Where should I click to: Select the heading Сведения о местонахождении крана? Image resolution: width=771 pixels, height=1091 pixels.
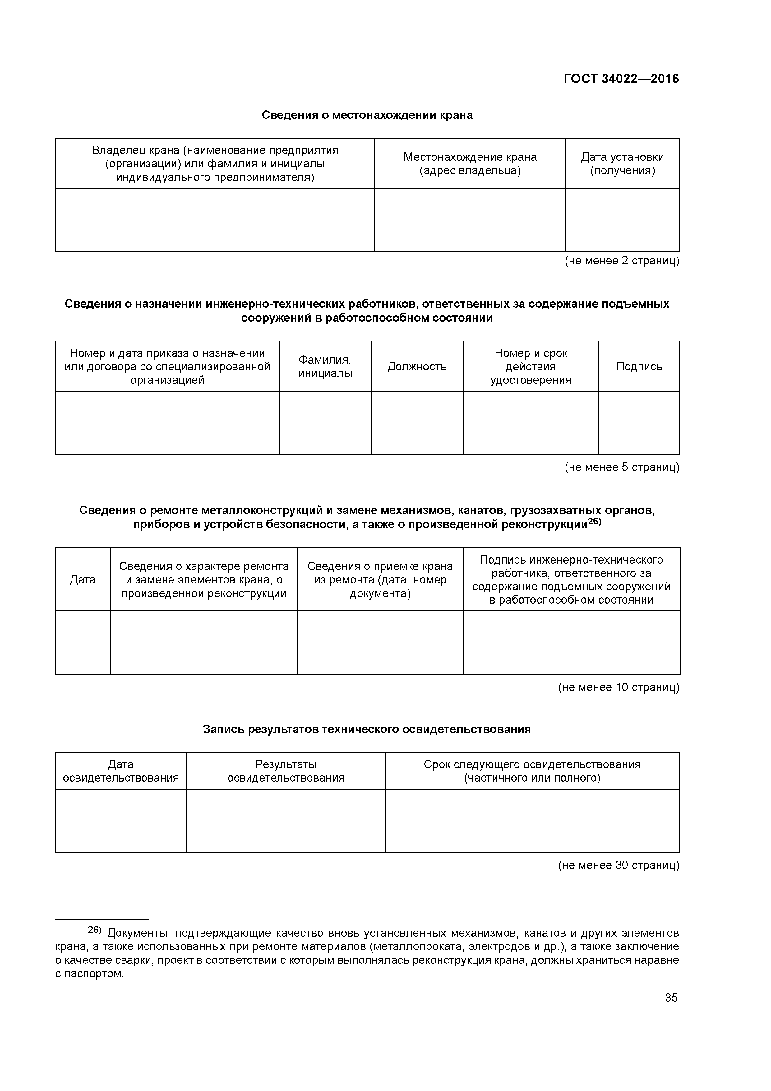coord(367,115)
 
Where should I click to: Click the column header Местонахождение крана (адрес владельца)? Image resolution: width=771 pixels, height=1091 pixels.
coord(469,164)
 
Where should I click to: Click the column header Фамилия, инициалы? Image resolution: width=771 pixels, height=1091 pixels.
coord(325,366)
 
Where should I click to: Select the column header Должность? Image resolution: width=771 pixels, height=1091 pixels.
coord(417,366)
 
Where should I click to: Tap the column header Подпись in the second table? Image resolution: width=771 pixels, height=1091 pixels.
coord(639,366)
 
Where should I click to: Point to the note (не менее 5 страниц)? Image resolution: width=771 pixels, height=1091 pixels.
coord(621,467)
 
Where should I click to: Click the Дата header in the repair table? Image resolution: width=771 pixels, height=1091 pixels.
coord(83,579)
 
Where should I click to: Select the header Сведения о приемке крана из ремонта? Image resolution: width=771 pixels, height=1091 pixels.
coord(380,579)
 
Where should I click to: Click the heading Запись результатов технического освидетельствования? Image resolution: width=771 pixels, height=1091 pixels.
coord(367,729)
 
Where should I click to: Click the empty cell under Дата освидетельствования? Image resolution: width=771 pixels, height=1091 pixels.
coord(121,821)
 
